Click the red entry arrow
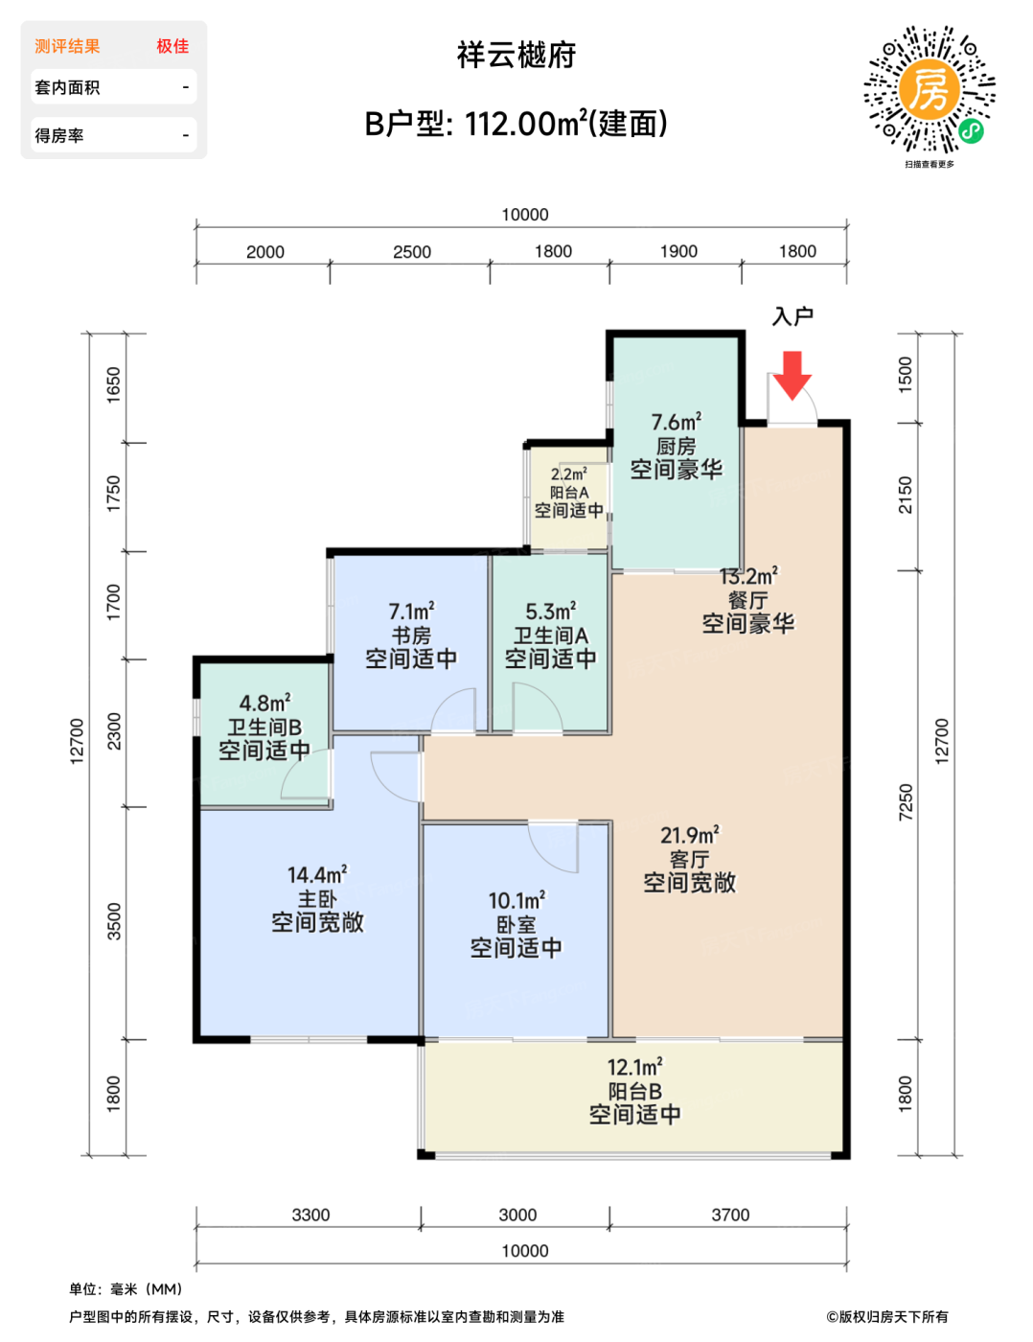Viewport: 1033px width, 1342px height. point(792,376)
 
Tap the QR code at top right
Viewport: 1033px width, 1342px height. point(929,89)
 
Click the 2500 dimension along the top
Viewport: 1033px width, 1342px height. point(412,252)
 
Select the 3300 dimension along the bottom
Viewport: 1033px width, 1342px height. point(311,1215)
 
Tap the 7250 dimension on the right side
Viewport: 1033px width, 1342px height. point(906,802)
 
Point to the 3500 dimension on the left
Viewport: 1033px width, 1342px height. point(115,921)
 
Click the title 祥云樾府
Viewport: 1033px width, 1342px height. point(516,55)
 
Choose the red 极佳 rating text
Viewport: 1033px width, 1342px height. point(172,46)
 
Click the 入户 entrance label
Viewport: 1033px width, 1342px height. point(792,316)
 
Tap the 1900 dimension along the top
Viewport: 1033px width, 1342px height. point(678,251)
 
